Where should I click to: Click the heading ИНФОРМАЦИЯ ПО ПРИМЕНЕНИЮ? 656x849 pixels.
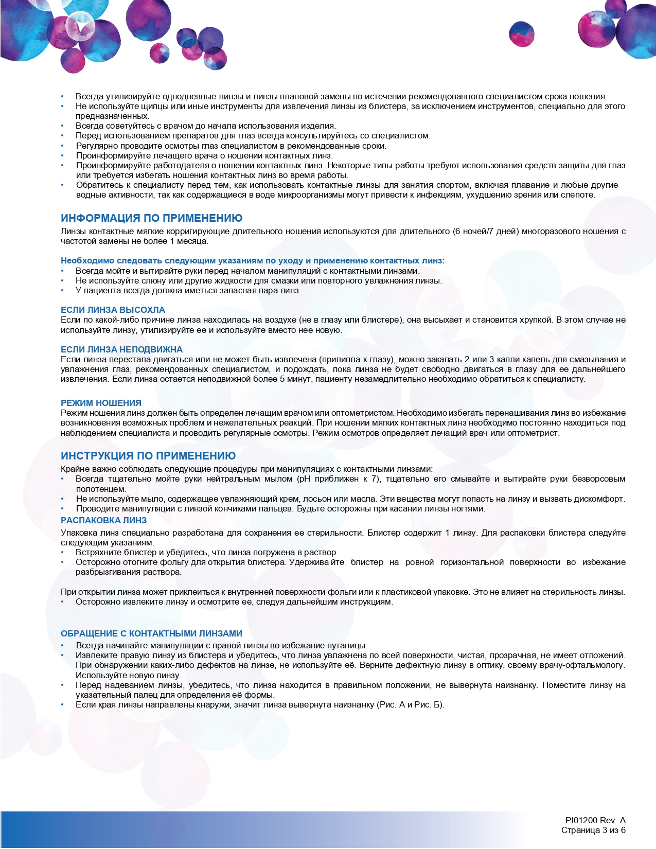pos(151,218)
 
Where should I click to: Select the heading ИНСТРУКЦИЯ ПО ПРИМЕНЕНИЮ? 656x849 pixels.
pos(148,456)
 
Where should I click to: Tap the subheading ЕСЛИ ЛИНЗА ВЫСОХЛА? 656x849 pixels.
pos(113,310)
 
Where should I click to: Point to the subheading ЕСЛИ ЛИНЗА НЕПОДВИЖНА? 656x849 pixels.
pos(121,349)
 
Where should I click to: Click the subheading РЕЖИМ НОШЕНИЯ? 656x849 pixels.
pos(101,403)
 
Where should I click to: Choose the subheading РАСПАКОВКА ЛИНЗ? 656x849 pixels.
pos(103,520)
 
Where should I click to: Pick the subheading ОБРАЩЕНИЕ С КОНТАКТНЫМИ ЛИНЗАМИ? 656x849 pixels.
pos(151,633)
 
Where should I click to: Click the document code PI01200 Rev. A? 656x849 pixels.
pos(595,820)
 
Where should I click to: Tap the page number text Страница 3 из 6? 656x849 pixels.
pos(593,830)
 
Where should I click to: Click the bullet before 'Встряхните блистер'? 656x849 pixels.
pos(63,553)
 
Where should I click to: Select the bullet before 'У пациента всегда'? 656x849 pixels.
pos(63,291)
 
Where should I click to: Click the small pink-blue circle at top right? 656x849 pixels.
pos(521,34)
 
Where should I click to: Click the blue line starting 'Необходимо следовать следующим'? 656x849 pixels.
pos(252,260)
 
